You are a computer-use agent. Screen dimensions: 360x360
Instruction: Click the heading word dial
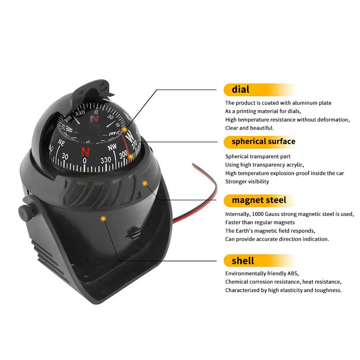pyautogui.click(x=240, y=89)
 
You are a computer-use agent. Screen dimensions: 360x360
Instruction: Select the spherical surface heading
pyautogui.click(x=263, y=141)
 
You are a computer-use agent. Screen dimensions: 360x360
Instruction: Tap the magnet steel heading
pyautogui.click(x=259, y=200)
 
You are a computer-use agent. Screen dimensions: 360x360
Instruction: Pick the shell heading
pyautogui.click(x=243, y=261)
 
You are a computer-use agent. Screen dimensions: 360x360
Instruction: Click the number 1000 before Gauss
pyautogui.click(x=257, y=214)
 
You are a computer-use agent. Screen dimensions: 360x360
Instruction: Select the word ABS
pyautogui.click(x=293, y=274)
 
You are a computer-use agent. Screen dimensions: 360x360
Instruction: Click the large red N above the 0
pyautogui.click(x=85, y=152)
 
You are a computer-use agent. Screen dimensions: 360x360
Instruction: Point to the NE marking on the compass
pyautogui.click(x=61, y=142)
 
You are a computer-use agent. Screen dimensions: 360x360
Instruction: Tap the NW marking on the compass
pyautogui.click(x=112, y=147)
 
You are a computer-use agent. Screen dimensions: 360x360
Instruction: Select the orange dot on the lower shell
pyautogui.click(x=103, y=219)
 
